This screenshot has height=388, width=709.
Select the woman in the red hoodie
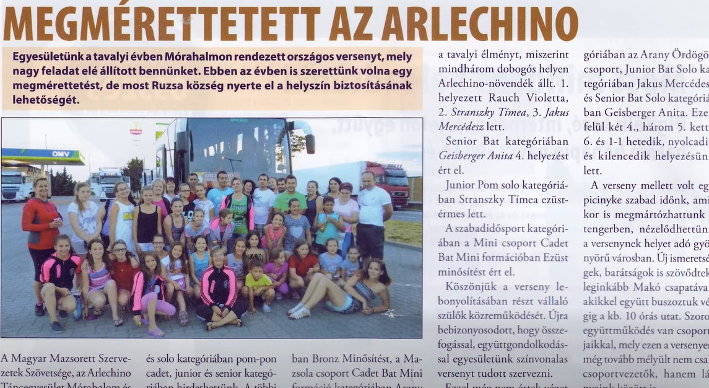[40, 224]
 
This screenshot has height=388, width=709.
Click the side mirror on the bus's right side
[310, 143]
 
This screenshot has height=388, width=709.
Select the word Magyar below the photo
[37, 358]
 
